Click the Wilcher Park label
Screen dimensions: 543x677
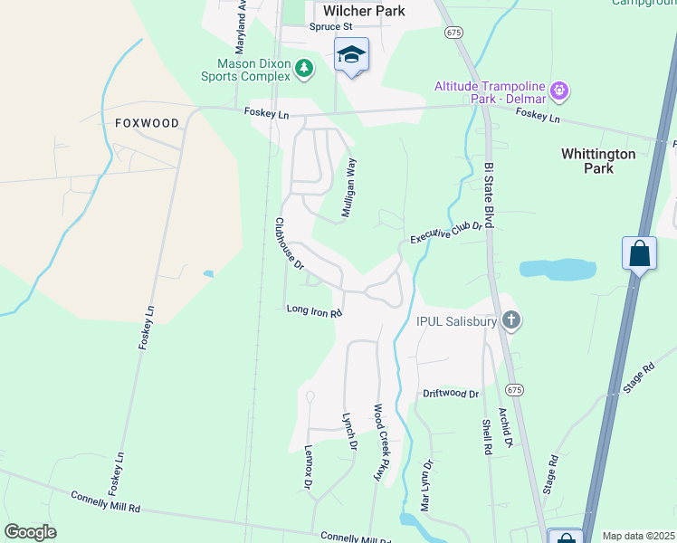point(364,11)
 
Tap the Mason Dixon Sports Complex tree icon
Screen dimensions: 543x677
point(305,68)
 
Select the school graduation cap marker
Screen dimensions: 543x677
point(351,55)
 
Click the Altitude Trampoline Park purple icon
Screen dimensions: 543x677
point(560,90)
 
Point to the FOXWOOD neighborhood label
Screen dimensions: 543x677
point(148,122)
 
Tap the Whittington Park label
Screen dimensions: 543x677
point(598,161)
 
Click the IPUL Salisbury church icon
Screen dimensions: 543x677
point(511,320)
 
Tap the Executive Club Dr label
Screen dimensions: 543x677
point(447,232)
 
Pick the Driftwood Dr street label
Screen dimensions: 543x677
point(450,394)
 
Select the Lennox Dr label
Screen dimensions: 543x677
point(309,466)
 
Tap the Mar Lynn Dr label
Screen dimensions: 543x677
point(425,485)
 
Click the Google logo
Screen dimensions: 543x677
point(30,532)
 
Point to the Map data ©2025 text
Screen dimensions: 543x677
point(638,536)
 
